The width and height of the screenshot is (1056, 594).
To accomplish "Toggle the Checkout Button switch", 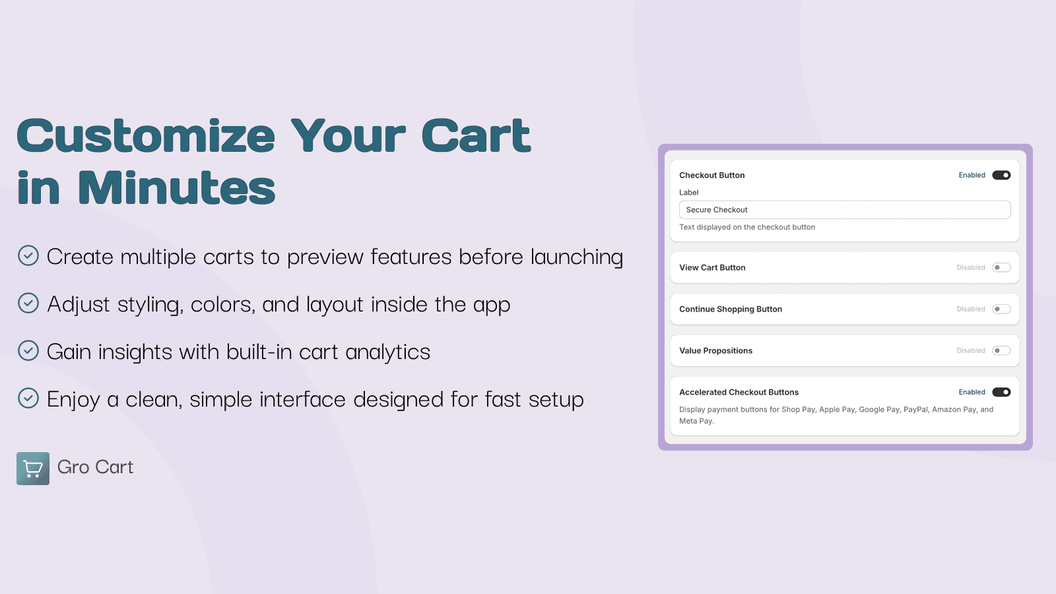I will [x=1001, y=175].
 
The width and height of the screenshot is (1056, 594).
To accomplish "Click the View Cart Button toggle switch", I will [x=1001, y=267].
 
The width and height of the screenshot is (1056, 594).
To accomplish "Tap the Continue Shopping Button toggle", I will [x=1001, y=309].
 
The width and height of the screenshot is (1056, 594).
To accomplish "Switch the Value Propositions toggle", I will [x=1001, y=350].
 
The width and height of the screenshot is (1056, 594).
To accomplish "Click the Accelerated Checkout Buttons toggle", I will [x=1001, y=392].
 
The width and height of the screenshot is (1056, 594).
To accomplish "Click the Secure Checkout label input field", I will [x=844, y=210].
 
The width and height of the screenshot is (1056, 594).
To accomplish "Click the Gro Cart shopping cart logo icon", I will [x=33, y=469].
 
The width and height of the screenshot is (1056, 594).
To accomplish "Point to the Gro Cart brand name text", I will [x=95, y=467].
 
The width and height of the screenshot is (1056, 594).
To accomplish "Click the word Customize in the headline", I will [x=146, y=136].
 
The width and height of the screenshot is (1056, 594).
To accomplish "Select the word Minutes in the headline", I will [x=176, y=188].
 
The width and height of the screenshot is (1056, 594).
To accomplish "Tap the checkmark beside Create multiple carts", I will [x=28, y=255].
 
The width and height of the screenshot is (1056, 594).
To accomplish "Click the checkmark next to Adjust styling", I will [x=28, y=303].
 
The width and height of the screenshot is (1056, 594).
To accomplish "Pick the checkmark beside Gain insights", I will [x=28, y=350].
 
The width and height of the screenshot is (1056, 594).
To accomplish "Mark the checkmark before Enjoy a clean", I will [x=28, y=398].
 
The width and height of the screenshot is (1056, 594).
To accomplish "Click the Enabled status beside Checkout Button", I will [x=972, y=175].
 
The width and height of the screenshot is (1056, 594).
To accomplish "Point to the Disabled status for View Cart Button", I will [x=971, y=267].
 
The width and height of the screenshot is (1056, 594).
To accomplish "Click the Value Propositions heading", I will [x=715, y=350].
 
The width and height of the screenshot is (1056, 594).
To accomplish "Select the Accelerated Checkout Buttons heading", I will [x=739, y=392].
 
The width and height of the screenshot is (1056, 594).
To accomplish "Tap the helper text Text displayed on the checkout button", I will [x=747, y=227].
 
